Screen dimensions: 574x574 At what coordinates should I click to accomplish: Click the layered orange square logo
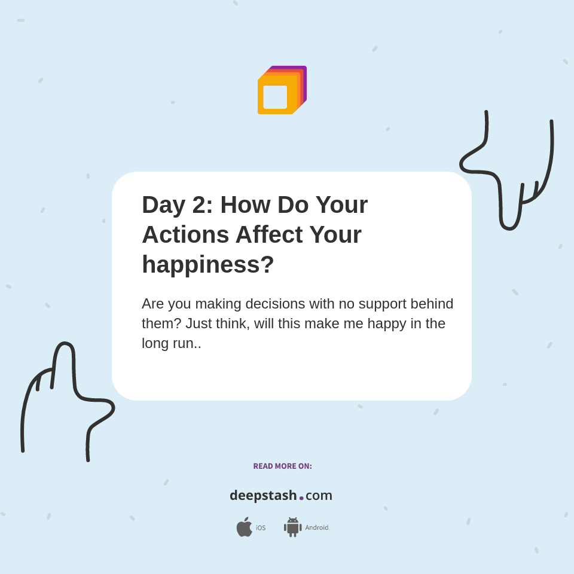[x=282, y=90]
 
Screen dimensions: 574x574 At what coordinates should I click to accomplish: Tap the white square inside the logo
[x=275, y=97]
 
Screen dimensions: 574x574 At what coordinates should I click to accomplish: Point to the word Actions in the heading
[x=185, y=234]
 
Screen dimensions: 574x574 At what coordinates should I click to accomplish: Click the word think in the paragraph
[x=233, y=323]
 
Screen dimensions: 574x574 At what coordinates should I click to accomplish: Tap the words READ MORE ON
[x=282, y=466]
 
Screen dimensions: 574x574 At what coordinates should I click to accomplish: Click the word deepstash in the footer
[x=263, y=496]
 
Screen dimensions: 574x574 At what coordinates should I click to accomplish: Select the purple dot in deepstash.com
[x=301, y=498]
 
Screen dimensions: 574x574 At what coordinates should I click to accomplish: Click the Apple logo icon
[x=244, y=527]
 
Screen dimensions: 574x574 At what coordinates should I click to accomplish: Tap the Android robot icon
[x=292, y=527]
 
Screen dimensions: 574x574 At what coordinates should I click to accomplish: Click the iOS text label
[x=261, y=528]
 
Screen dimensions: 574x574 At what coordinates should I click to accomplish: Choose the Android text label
[x=317, y=528]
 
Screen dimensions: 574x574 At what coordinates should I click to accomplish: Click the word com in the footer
[x=319, y=496]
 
